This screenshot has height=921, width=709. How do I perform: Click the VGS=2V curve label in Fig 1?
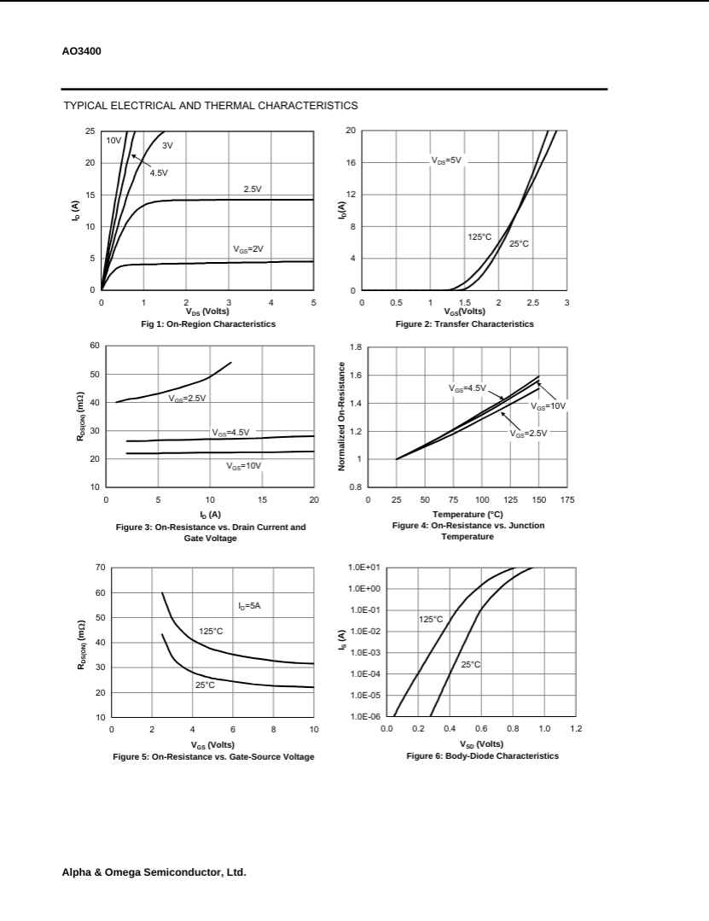pos(249,249)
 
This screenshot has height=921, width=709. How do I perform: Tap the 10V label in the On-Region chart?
pos(113,139)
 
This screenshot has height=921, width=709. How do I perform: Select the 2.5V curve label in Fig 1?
pos(253,189)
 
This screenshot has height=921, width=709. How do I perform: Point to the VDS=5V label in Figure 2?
pos(446,160)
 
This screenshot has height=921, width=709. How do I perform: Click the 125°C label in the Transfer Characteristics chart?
pos(479,236)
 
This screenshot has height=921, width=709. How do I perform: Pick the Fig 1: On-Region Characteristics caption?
pos(208,324)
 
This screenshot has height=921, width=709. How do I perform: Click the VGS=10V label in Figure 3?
pos(244,466)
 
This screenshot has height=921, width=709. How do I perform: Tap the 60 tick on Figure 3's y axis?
pos(94,346)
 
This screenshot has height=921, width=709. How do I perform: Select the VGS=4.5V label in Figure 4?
pos(468,388)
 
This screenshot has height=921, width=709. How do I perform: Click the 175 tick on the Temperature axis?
pos(568,500)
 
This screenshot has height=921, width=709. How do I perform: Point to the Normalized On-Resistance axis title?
pos(340,417)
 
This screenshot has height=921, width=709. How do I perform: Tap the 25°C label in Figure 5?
pos(205,685)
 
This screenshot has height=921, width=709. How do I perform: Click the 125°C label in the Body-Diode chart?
pos(431,619)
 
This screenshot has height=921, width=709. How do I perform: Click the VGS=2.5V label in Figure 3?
pos(187,398)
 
